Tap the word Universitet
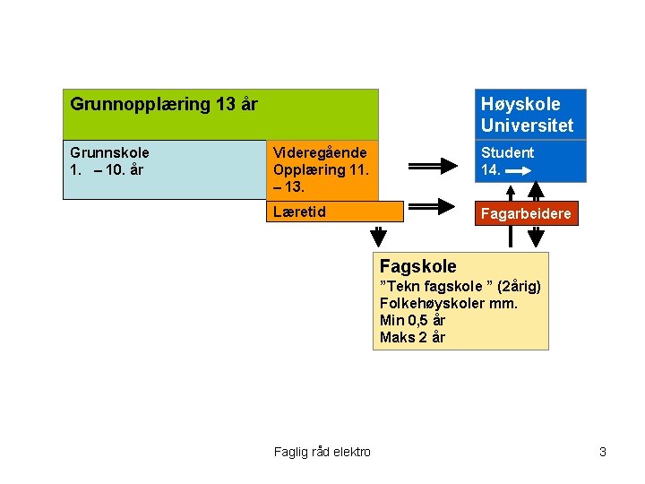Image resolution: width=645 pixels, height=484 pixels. click(x=527, y=125)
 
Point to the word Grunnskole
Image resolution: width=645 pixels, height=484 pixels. click(x=109, y=153)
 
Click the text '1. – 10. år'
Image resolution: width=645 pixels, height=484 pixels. click(x=107, y=169)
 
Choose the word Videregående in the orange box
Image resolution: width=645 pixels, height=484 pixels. click(x=320, y=153)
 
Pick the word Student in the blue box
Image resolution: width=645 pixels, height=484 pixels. click(x=507, y=153)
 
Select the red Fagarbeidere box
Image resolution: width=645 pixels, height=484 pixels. click(x=526, y=214)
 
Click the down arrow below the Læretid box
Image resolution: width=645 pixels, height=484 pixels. click(x=380, y=237)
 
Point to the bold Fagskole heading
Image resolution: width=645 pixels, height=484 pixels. click(x=417, y=266)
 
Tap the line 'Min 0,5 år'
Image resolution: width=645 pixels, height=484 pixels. click(x=412, y=320)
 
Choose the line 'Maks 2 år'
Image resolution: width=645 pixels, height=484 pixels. click(x=412, y=337)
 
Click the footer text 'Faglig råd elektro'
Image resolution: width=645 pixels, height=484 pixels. click(x=322, y=452)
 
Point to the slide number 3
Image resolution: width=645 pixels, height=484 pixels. click(x=603, y=452)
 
